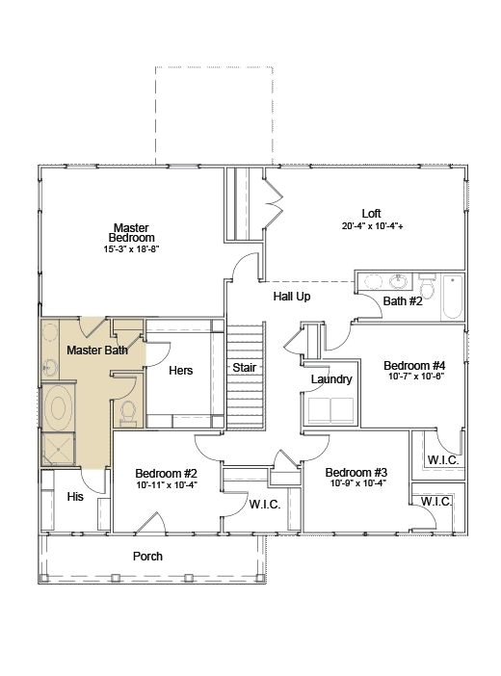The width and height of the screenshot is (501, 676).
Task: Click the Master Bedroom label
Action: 131,233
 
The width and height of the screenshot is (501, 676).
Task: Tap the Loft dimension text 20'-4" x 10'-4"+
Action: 373,226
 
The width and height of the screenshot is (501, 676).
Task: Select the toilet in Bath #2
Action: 428,286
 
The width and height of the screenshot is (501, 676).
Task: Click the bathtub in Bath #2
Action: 452,297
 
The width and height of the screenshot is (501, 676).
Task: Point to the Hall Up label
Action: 292,297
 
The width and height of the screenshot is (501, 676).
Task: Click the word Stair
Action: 245,367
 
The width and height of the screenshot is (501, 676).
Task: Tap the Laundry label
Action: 331,379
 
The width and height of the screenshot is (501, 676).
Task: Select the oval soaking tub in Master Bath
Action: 58,407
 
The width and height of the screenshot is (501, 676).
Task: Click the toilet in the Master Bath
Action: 128,413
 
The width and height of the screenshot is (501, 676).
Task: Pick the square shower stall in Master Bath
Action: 58,449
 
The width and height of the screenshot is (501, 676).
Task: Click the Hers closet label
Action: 181,371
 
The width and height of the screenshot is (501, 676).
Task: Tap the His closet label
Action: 75,497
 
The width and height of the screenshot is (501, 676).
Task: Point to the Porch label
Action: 147,557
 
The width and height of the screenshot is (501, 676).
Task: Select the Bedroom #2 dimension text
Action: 167,484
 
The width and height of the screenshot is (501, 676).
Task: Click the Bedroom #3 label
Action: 356,473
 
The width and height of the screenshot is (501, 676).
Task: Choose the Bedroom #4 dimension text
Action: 416,376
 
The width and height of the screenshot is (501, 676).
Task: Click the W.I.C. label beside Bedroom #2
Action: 265,504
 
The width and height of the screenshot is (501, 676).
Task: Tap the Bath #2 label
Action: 403,300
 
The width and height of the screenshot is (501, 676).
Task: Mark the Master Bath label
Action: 97,351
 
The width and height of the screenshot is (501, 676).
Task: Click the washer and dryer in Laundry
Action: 331,410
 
